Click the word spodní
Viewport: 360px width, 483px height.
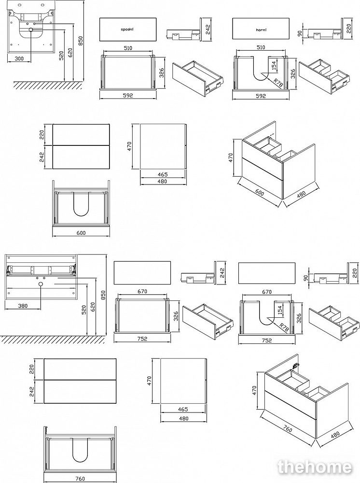coord(127,29)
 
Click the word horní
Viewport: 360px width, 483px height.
coord(261,29)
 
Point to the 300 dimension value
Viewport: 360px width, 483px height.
coord(19,58)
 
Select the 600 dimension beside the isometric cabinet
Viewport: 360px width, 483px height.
coord(260,192)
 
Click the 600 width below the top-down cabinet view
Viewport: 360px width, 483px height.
coord(81,233)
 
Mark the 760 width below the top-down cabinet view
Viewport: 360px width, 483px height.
coord(80,479)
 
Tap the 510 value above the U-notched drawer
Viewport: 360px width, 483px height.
coord(261,48)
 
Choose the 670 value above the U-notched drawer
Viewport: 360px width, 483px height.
coord(267,292)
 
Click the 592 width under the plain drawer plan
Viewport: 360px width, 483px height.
coord(127,96)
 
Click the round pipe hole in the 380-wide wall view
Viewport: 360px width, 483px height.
coord(41,285)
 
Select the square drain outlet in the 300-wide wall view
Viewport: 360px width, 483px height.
coord(31,30)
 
